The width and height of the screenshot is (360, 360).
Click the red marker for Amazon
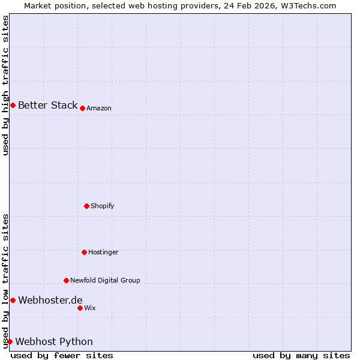pyautogui.click(x=82, y=108)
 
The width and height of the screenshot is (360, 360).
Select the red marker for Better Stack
pyautogui.click(x=13, y=105)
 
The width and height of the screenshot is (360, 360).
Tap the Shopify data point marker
pyautogui.click(x=86, y=206)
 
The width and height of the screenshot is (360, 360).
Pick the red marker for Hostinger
pyautogui.click(x=84, y=252)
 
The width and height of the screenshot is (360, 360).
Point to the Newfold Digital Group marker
pyautogui.click(x=66, y=280)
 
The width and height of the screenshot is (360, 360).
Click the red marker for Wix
pyautogui.click(x=80, y=308)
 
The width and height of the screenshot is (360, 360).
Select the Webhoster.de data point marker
pyautogui.click(x=13, y=300)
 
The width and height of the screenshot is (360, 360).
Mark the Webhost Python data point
pyautogui.click(x=10, y=341)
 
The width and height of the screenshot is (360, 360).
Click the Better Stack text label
pyautogui.click(x=47, y=106)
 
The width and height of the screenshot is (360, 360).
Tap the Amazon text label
pyautogui.click(x=99, y=109)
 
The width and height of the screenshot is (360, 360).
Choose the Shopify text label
pyautogui.click(x=103, y=206)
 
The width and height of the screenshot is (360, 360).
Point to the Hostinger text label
pyautogui.click(x=103, y=253)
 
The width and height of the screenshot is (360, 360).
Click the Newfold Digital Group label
pyautogui.click(x=105, y=281)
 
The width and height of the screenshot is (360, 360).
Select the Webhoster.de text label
pyautogui.click(x=50, y=301)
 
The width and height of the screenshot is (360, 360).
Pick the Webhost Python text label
pyautogui.click(x=54, y=342)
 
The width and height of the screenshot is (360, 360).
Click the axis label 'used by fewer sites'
pyautogui.click(x=62, y=356)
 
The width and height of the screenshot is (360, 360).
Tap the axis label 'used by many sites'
pyautogui.click(x=301, y=356)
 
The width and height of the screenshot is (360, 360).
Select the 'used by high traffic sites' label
pyautogui.click(x=6, y=85)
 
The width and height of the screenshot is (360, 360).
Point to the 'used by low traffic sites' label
pyautogui.click(x=6, y=281)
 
